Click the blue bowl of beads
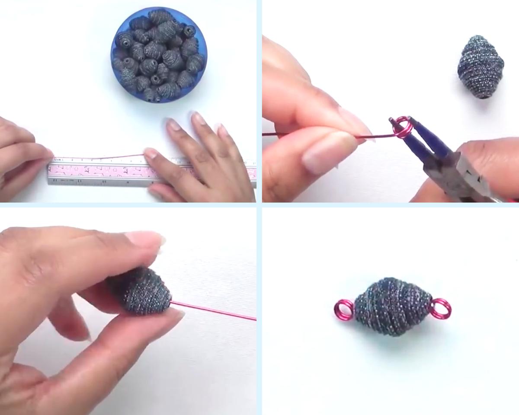pyautogui.click(x=158, y=55)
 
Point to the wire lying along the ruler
pyautogui.click(x=99, y=157)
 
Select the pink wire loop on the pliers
pyautogui.click(x=402, y=127)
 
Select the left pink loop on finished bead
pyautogui.click(x=343, y=310)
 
